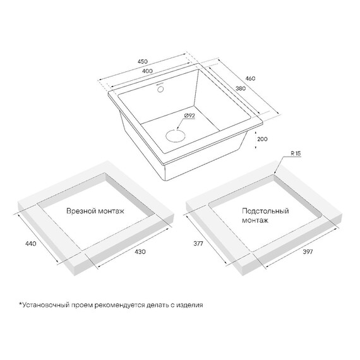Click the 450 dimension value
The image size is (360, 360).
143,61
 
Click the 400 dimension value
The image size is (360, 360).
147,71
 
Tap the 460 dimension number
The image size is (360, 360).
250,78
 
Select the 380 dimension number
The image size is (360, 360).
241,88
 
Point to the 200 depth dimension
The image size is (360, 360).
262,139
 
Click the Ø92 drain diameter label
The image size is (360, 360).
189,116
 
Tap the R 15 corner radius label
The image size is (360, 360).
296,153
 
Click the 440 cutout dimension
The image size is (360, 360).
30,243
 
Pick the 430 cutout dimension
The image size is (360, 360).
140,251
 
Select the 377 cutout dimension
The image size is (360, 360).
198,243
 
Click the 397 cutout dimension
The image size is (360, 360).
308,251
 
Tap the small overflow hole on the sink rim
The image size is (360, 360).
160,89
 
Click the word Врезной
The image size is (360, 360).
80,211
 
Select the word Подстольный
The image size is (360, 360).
265,211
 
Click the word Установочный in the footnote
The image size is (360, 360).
44,305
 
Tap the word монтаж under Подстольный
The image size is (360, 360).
255,220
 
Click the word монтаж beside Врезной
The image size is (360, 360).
110,211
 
